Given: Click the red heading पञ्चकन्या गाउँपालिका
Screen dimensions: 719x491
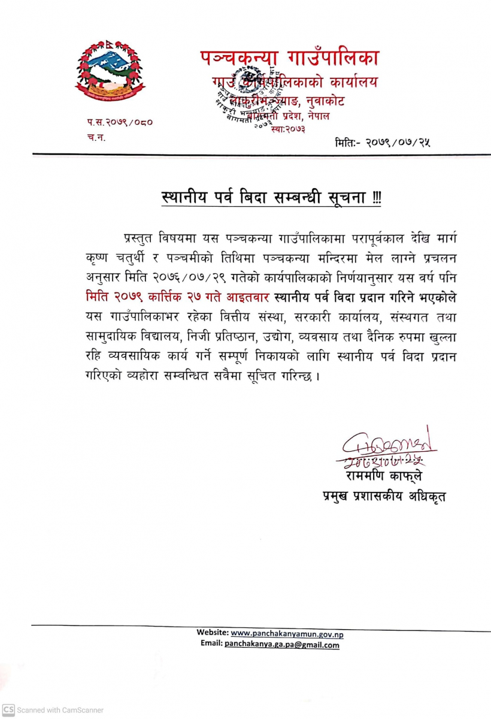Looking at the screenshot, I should click(x=289, y=58).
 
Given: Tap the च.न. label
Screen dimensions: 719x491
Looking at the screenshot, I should click(x=94, y=137).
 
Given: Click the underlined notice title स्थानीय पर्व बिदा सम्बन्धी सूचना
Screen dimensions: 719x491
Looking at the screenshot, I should click(x=263, y=197).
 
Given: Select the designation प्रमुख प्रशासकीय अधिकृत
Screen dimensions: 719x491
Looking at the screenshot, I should click(x=384, y=497).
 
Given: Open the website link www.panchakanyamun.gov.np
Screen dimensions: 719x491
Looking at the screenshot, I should click(x=287, y=633).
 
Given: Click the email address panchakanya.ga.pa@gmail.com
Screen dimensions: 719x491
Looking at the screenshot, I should click(x=281, y=645).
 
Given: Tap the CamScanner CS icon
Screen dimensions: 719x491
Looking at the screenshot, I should click(x=8, y=709).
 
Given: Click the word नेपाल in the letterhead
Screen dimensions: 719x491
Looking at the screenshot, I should click(x=319, y=116).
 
